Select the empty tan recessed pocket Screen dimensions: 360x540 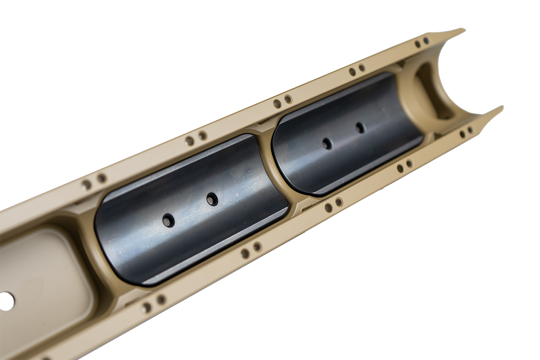[43, 274]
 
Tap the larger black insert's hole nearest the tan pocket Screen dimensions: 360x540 [168, 219]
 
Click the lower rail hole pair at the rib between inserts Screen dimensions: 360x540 [333, 206]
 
